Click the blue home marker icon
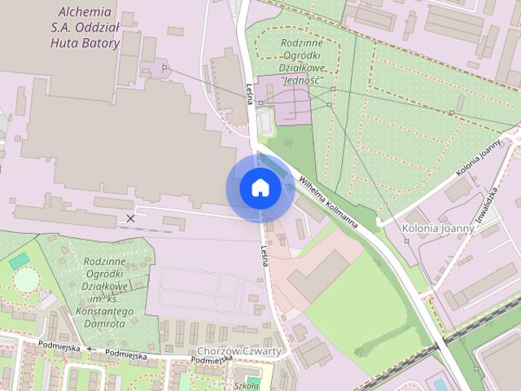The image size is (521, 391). coord(260,188)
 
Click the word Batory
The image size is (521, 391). coord(100,42)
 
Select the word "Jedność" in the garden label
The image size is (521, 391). coord(301,81)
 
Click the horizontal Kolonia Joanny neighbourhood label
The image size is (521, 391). coord(438,228)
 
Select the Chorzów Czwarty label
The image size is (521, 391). coord(239,351)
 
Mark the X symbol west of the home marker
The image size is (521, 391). coord(130,218)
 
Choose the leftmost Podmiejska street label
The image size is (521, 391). coord(59,348)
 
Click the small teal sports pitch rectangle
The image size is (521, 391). coord(19,261)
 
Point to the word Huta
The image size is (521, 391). coord(66,42)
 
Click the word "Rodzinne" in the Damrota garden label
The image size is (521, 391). coord(103,261)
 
